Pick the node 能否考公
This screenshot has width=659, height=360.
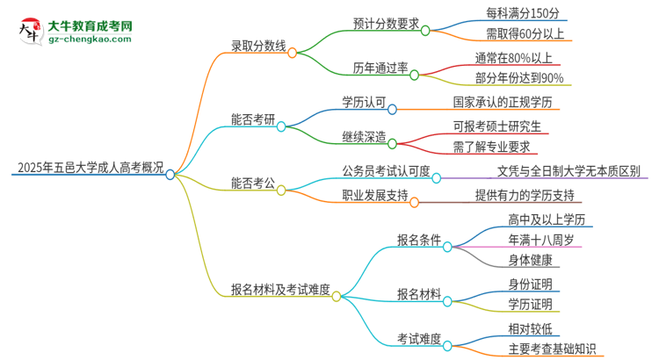tap(253, 187)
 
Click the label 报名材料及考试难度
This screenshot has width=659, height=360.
tap(280, 291)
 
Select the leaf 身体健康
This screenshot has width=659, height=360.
tap(530, 260)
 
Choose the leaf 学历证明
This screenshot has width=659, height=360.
tap(530, 306)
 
